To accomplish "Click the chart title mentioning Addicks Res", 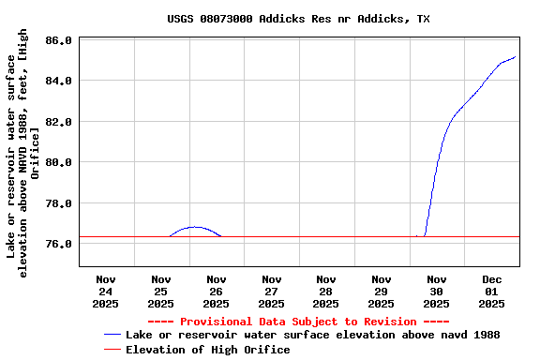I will (299, 19).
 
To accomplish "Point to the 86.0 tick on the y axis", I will (58, 40).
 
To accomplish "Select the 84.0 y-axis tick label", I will (58, 81).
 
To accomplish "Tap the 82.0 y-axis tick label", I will (58, 122).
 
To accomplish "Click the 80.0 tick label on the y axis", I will (58, 162).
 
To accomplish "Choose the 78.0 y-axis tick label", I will (58, 203).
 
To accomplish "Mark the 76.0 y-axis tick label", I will (58, 244).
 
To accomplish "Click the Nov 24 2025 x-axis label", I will (106, 291).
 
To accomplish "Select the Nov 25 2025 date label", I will (160, 291).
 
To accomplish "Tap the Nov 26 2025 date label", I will (216, 291).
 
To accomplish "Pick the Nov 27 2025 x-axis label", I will (271, 291).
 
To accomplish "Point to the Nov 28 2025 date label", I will (326, 291).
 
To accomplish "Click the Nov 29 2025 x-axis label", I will (382, 291).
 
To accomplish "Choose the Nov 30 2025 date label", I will (436, 291).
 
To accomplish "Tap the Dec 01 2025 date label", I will (491, 291).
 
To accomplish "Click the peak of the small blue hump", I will (194, 227).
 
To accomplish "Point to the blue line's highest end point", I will (516, 57).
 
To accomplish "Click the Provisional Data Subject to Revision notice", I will (298, 321).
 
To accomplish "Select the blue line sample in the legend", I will (112, 335).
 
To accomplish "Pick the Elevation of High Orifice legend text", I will (207, 350).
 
